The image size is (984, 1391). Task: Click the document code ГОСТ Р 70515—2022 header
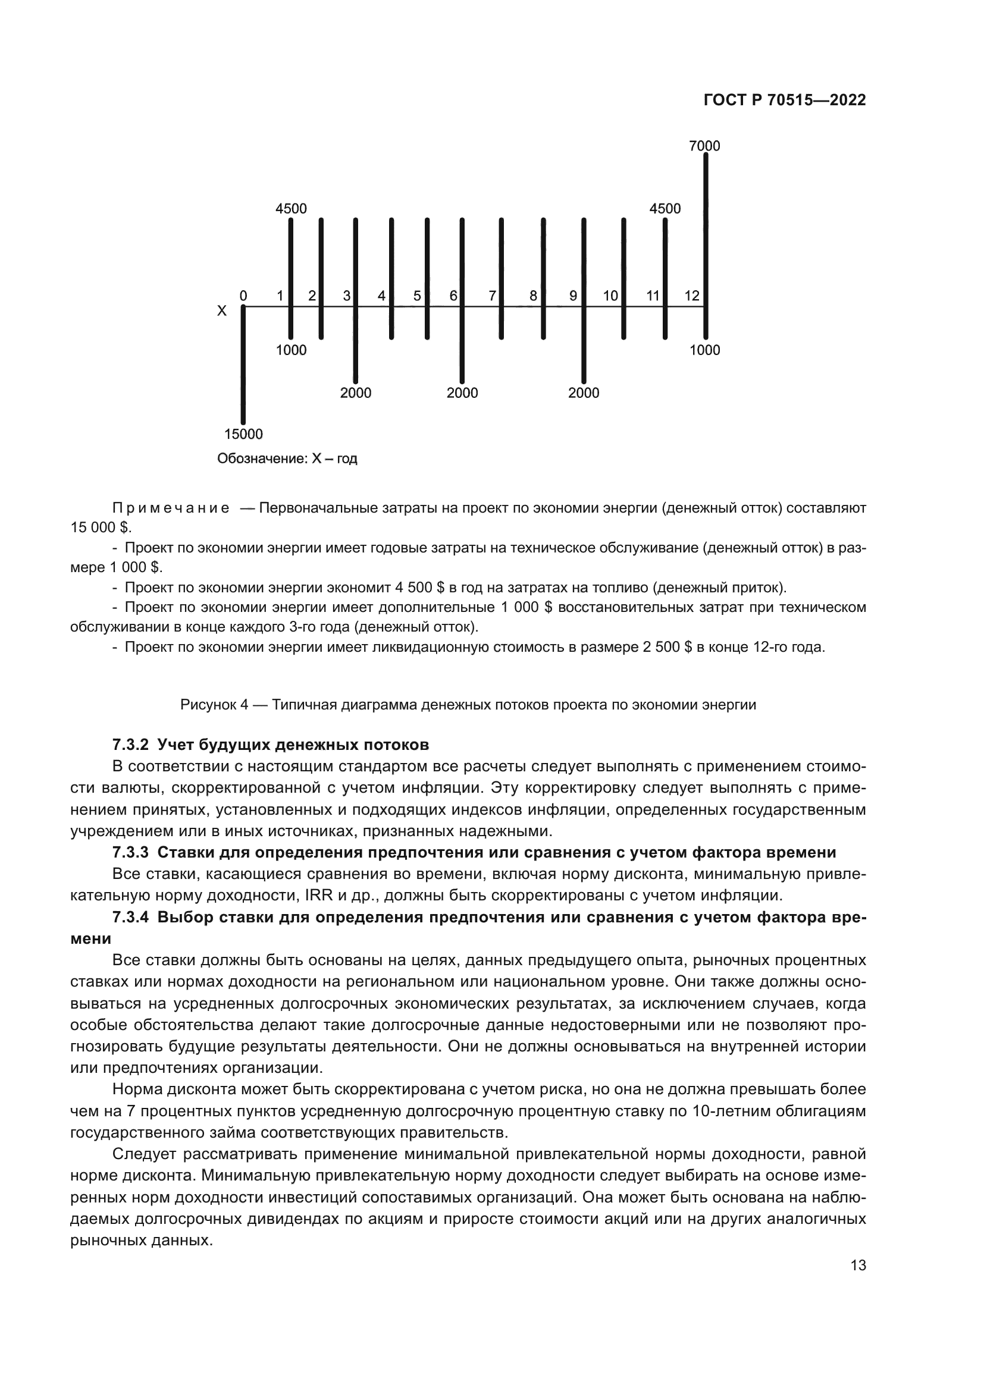(785, 101)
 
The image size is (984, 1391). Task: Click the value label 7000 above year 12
(704, 146)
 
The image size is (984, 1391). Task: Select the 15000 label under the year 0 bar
(243, 434)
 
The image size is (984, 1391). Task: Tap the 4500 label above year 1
(291, 209)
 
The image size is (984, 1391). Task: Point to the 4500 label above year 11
(665, 209)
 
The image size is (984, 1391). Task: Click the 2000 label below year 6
(462, 393)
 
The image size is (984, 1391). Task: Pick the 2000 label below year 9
(584, 393)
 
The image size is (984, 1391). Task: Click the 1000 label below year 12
(704, 350)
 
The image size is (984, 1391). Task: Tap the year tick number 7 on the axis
(493, 296)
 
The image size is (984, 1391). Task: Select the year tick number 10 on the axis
(610, 296)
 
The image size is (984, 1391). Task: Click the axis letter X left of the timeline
(222, 312)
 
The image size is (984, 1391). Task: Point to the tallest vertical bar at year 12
(706, 242)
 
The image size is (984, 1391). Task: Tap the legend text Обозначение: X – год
(287, 459)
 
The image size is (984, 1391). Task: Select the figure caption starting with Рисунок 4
(468, 705)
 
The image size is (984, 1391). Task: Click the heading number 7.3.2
(130, 744)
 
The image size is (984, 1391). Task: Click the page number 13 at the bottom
(858, 1266)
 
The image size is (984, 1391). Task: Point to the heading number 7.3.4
(130, 917)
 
